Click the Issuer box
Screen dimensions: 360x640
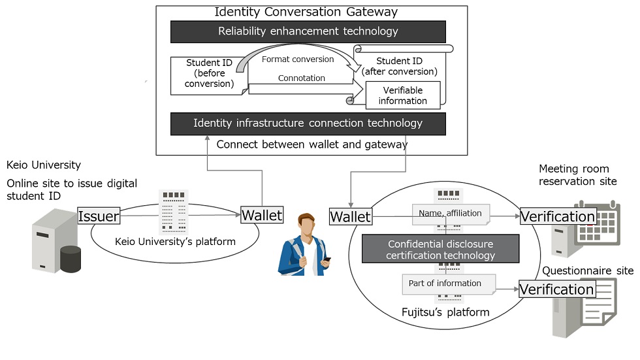[98, 216]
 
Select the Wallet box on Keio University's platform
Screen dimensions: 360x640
[262, 214]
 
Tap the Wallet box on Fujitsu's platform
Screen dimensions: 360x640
[350, 216]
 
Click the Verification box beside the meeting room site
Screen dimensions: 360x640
[557, 216]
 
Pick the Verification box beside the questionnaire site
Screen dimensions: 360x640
[556, 289]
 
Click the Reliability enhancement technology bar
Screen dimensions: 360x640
[308, 31]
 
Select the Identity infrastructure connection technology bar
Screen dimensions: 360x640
[308, 123]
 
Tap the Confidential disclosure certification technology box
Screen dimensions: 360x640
[440, 249]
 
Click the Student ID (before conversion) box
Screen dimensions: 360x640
[209, 74]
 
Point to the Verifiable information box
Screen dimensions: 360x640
[403, 95]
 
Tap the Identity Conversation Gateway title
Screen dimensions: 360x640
[306, 12]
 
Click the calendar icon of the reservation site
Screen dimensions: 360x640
[596, 223]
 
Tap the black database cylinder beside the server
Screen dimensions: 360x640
[70, 259]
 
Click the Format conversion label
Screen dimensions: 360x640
[297, 59]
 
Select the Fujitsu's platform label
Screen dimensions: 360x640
[445, 312]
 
